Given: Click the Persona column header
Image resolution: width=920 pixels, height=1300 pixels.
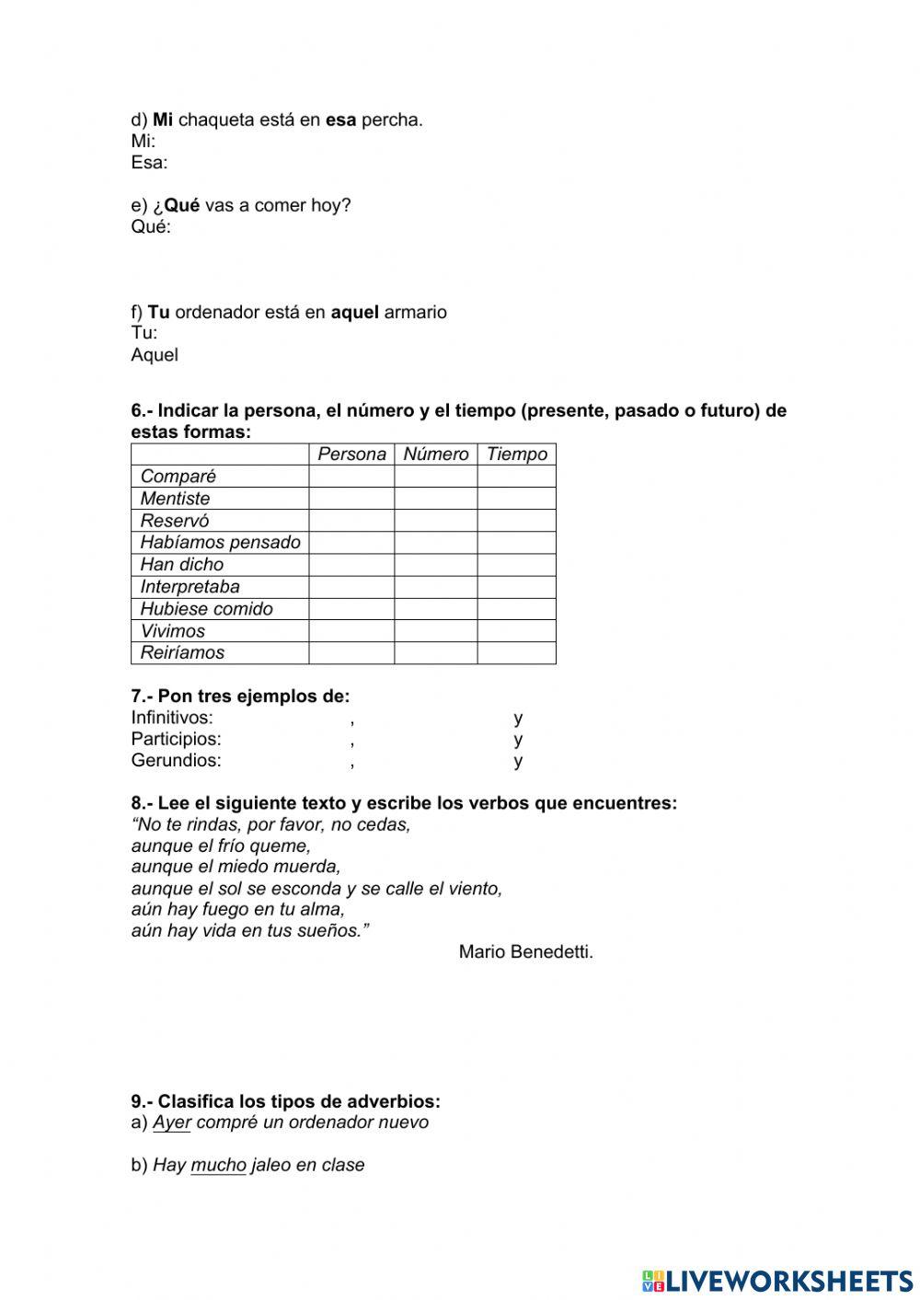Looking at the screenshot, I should click(x=351, y=454).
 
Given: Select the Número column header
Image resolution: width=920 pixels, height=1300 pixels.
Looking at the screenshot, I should click(x=435, y=454).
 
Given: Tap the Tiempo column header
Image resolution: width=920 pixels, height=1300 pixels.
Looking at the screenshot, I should click(x=516, y=454).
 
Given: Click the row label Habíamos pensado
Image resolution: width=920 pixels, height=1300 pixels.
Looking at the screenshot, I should click(x=220, y=542).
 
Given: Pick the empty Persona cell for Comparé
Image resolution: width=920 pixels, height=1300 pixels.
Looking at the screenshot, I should click(x=351, y=476).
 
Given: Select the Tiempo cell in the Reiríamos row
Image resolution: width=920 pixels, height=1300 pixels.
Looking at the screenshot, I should click(x=516, y=652).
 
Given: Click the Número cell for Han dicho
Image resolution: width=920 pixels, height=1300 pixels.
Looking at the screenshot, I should click(x=435, y=564).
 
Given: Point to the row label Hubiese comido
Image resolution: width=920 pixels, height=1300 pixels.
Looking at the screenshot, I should click(x=206, y=608).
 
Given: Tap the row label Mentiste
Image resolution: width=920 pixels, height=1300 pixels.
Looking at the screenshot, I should click(x=175, y=498).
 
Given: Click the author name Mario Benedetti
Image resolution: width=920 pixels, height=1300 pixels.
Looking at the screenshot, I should click(x=525, y=951).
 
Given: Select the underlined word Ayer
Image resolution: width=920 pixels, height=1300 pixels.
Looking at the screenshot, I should click(x=171, y=1122).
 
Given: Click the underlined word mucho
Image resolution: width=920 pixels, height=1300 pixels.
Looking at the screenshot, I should click(x=218, y=1165).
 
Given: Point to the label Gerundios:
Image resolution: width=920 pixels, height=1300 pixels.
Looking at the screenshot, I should click(x=176, y=760).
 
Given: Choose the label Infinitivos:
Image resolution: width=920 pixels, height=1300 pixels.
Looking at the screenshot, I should click(x=172, y=718).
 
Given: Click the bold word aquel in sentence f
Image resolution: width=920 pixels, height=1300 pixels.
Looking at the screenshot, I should click(x=354, y=312).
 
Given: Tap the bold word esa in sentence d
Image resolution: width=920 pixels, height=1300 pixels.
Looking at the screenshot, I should click(x=340, y=120).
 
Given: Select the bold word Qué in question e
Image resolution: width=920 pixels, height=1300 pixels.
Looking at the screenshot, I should click(x=181, y=205).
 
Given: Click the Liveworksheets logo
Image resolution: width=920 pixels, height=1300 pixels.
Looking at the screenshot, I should click(x=776, y=1280).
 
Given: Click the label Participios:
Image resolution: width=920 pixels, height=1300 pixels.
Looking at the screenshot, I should click(x=176, y=739).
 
